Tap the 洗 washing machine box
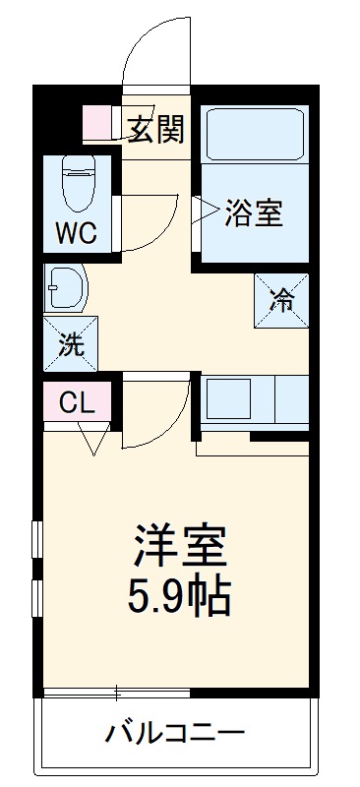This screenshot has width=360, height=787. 70,345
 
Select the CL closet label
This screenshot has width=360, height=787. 76,401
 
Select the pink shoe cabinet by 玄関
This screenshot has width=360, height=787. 98,122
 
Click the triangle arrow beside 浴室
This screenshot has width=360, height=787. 208,210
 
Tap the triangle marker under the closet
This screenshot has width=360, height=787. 94,444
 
